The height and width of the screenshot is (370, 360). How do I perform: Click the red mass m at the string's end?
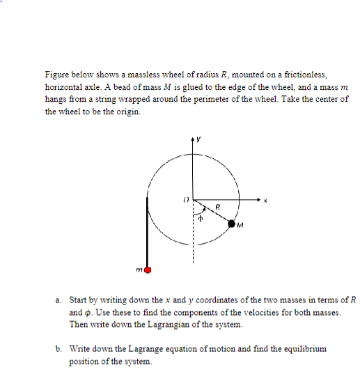[x=148, y=268]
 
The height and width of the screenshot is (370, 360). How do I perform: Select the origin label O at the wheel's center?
[x=186, y=199]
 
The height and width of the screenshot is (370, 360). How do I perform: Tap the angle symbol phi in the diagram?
[x=201, y=217]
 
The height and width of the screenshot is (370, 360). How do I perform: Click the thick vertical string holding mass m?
[x=147, y=230]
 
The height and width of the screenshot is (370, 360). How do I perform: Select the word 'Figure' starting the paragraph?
[x=56, y=74]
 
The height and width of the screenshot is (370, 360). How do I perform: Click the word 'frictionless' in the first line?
[x=305, y=74]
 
